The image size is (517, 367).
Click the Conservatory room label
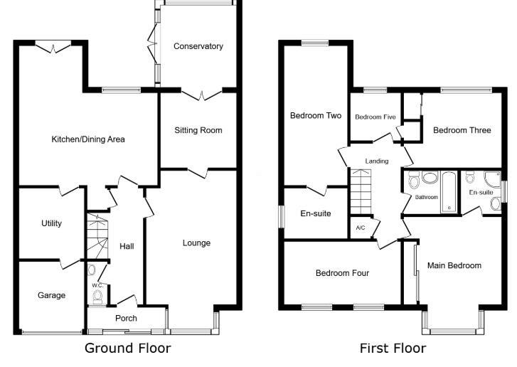click(198, 46)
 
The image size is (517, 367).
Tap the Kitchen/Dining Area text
click(87, 139)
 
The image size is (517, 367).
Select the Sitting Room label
click(198, 130)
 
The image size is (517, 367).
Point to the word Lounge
click(196, 243)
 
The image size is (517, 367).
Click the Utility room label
click(51, 223)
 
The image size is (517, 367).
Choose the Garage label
click(51, 295)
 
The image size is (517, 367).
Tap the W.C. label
click(97, 286)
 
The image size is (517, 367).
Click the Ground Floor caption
click(128, 349)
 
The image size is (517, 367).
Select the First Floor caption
click(393, 349)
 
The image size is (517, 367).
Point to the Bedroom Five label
click(375, 117)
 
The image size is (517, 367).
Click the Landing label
click(377, 161)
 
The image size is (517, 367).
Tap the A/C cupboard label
click(360, 228)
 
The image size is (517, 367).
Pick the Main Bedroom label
click(454, 266)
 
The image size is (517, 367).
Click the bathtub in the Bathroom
click(448, 191)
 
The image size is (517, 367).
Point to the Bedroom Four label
click(342, 273)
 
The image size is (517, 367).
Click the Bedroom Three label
click(462, 130)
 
